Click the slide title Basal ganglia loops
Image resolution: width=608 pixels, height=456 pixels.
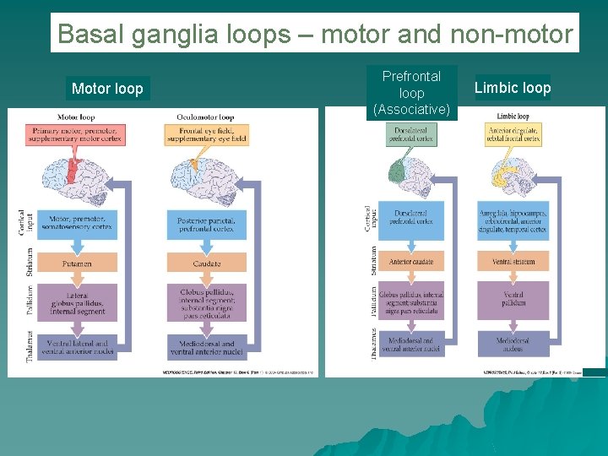(314, 34)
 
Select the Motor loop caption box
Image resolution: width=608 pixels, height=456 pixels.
(107, 89)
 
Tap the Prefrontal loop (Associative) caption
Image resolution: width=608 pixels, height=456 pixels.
(411, 93)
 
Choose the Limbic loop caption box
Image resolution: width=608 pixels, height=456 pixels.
(513, 88)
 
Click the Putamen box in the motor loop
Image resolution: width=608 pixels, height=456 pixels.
(77, 263)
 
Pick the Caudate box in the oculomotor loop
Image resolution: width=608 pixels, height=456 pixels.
(207, 263)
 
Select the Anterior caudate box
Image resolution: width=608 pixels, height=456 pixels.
(411, 262)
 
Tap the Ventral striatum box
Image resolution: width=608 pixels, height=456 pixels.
(513, 262)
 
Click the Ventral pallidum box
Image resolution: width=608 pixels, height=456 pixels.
(513, 299)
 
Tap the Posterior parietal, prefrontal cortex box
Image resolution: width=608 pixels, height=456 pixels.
(207, 223)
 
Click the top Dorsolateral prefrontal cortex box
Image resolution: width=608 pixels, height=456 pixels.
(411, 133)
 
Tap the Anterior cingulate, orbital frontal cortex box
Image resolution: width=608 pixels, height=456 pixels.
(513, 133)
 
